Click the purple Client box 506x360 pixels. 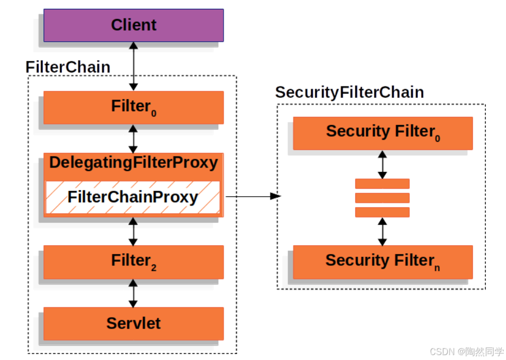[x=133, y=25]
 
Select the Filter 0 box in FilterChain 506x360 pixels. [x=133, y=107]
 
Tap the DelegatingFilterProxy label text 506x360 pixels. [x=133, y=163]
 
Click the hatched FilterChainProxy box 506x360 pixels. [x=133, y=197]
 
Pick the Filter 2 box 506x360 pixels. [x=133, y=262]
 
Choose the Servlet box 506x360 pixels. [x=133, y=323]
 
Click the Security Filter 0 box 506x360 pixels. [x=382, y=133]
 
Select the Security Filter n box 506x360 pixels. [x=382, y=262]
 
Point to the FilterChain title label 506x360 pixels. [x=68, y=67]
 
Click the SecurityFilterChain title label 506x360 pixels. [x=349, y=92]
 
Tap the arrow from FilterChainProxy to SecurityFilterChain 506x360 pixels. [x=252, y=196]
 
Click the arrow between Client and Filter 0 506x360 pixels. [x=133, y=66]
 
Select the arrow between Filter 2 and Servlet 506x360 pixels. [x=133, y=293]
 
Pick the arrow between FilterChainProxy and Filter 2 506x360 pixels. [x=133, y=231]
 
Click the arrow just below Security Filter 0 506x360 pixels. [x=382, y=164]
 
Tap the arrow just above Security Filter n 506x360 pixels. [x=382, y=231]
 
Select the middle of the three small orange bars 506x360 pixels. [x=382, y=197]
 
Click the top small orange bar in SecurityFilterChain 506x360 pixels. [x=382, y=184]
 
